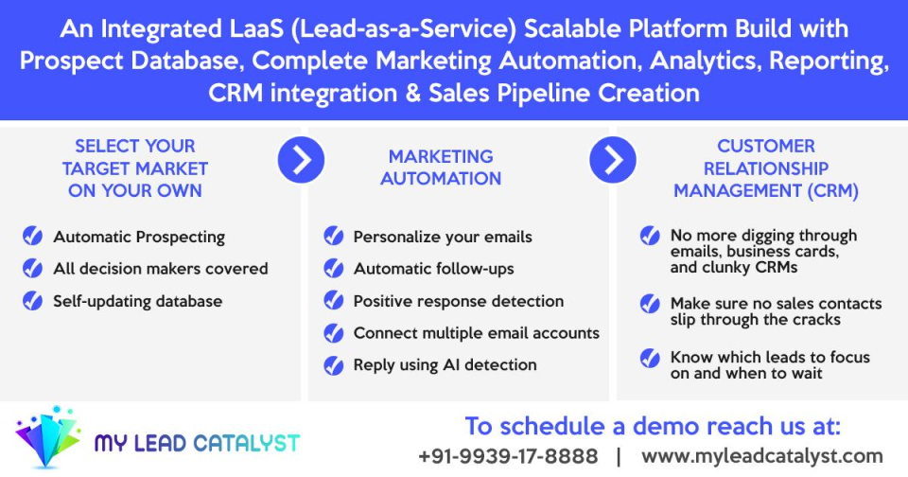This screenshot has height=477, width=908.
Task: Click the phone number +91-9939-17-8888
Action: point(508,456)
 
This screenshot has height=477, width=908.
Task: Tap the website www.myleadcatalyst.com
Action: point(762,456)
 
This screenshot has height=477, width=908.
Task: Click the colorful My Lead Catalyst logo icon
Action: point(47,438)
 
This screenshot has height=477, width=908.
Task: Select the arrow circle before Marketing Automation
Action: point(301,160)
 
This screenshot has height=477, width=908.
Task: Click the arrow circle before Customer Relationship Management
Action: point(613,160)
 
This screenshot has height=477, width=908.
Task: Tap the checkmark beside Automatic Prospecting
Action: point(33,237)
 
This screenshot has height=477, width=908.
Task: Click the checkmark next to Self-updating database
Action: point(33,301)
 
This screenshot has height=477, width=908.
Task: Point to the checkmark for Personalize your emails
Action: point(334,237)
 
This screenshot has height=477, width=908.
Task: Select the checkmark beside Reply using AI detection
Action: point(334,364)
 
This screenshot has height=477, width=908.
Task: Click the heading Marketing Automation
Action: point(441,168)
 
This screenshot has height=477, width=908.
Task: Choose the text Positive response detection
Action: point(458,301)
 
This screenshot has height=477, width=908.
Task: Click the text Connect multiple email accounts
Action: point(476,333)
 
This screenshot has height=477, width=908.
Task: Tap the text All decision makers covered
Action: point(160,269)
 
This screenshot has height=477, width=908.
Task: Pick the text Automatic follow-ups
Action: point(433,269)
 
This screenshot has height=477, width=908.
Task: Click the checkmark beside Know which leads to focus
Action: point(650,358)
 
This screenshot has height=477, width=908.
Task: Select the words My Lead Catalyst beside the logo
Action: point(197,443)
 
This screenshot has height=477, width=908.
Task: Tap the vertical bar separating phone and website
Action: point(619,456)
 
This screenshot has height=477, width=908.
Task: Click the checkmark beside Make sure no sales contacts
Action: point(650,304)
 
